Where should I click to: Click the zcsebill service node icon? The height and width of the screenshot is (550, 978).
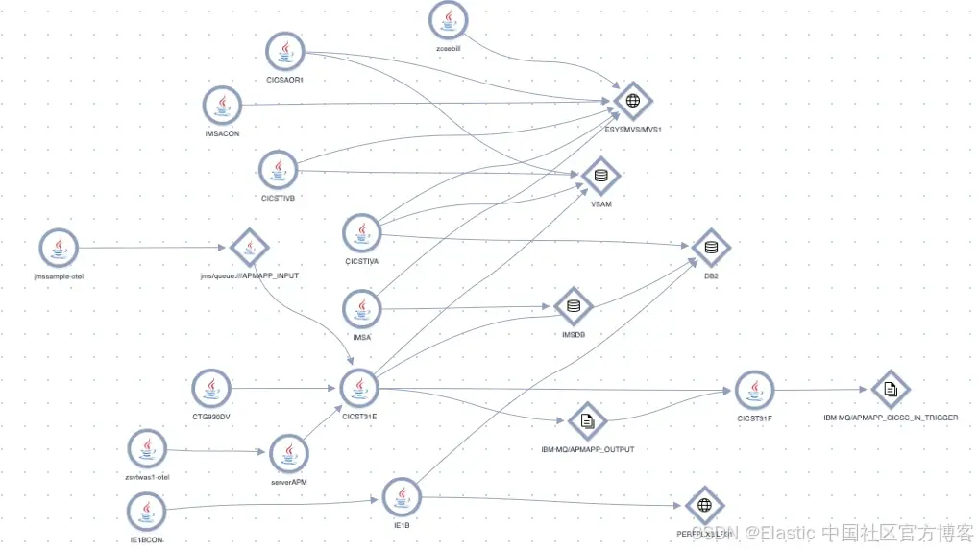[449, 19]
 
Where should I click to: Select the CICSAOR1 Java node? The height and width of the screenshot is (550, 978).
[284, 50]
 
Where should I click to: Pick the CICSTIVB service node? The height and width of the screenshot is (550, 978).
[279, 170]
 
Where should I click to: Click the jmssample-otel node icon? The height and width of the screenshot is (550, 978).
[59, 248]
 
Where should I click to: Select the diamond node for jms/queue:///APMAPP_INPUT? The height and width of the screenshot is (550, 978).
[250, 248]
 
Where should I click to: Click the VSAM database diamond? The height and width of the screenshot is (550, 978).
[601, 175]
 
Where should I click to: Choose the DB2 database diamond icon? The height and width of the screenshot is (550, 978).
[711, 248]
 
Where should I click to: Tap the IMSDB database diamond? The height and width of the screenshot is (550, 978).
[574, 306]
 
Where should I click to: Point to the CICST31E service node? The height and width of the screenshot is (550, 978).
[359, 388]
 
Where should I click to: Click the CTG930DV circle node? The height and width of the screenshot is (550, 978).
[210, 388]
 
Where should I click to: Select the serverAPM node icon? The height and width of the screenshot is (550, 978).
[288, 452]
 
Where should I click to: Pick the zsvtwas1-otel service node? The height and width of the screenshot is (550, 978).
[147, 447]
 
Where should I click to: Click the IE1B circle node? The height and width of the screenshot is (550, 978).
[402, 496]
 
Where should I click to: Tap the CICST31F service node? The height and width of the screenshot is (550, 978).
[754, 390]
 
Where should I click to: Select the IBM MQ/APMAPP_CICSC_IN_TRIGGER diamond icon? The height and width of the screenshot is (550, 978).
[890, 389]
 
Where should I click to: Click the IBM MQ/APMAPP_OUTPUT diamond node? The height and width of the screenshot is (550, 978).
[587, 420]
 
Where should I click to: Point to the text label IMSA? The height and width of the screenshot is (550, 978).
[362, 337]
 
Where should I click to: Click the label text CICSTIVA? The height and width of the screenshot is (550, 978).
[362, 260]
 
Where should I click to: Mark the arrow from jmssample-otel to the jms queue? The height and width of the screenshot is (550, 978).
[154, 248]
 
